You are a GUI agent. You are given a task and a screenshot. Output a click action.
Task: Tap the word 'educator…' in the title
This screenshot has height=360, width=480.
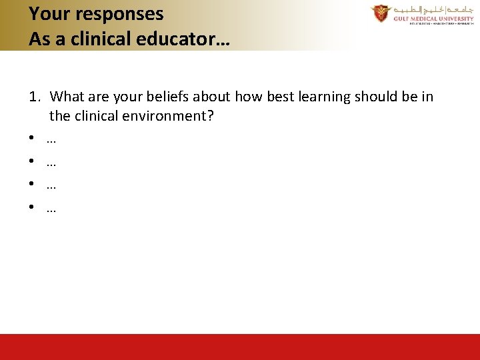tap(182, 39)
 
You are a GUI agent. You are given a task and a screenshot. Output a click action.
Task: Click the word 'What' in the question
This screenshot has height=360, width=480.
tap(67, 97)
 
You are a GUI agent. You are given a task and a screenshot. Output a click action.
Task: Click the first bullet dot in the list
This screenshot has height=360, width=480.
tap(32, 140)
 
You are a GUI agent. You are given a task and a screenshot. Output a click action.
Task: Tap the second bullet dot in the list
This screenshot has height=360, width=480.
tap(32, 163)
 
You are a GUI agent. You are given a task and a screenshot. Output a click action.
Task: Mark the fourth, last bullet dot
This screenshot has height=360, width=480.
tap(32, 209)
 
